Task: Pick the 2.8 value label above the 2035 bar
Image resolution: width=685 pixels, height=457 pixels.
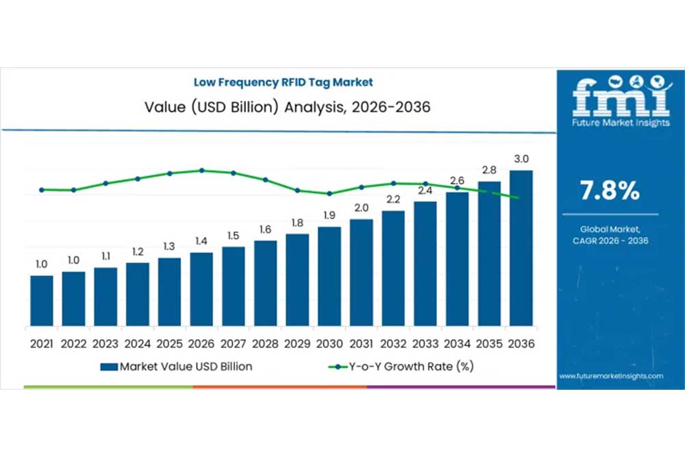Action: point(489,170)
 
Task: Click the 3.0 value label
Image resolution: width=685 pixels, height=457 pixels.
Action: point(521,159)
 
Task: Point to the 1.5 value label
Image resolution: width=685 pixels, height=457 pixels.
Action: point(233,236)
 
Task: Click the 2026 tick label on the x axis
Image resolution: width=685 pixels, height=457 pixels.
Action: point(201,344)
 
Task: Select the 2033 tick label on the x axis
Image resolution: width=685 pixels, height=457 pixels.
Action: point(425,344)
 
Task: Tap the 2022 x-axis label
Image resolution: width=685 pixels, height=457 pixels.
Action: point(73,344)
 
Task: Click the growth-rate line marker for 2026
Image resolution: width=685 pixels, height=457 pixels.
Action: point(201,171)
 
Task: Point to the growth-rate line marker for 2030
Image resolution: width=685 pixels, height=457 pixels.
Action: point(329,194)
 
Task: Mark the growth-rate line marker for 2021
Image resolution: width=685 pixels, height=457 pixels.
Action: point(42,190)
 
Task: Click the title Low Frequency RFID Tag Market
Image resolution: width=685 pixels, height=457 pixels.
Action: point(283,82)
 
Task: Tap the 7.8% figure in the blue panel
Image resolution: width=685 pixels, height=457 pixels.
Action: point(610,192)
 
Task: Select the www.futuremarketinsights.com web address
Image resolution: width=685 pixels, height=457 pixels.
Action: point(611,376)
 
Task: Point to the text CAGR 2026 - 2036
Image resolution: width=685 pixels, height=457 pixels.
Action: point(610,241)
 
